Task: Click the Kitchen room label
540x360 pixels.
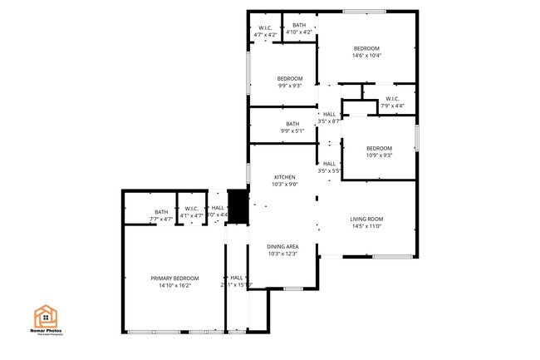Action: [x=284, y=177]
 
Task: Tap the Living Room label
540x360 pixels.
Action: [x=366, y=219]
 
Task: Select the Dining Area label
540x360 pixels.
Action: [x=282, y=247]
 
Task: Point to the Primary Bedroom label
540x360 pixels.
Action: [x=174, y=278]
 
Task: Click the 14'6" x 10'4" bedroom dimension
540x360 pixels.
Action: [x=366, y=56]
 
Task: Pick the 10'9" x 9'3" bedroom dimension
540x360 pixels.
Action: [x=378, y=155]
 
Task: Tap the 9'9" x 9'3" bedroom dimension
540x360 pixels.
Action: [x=289, y=85]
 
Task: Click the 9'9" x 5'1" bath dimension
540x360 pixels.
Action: [x=292, y=131]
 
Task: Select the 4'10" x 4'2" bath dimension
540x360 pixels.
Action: [x=298, y=32]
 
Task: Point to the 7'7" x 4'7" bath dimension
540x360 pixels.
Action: [x=161, y=219]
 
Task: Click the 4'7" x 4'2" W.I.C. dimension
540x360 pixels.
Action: [x=266, y=35]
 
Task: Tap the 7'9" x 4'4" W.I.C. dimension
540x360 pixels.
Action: [x=392, y=106]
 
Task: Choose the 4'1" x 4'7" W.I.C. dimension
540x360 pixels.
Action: [x=192, y=216]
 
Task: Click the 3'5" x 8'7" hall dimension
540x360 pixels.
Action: [x=329, y=121]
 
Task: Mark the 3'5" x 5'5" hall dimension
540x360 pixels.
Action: [x=329, y=170]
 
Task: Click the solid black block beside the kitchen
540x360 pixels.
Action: [x=238, y=207]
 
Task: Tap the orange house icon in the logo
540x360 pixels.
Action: [x=45, y=316]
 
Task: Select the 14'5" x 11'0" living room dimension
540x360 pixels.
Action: [x=366, y=226]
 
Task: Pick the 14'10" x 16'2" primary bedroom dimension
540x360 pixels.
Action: [x=174, y=285]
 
